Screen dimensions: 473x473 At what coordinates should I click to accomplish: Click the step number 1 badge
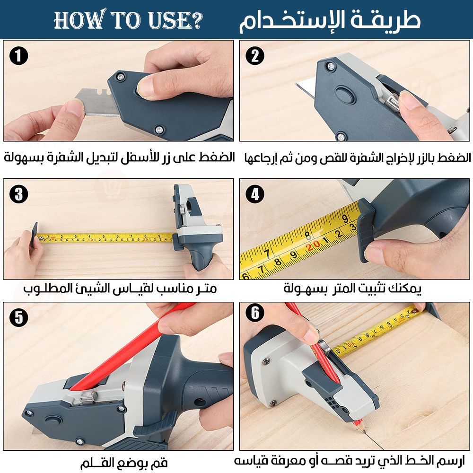[x=19, y=56]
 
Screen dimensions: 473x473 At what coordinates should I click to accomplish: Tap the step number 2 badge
[x=255, y=56]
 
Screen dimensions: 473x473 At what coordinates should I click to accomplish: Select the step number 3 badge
[x=19, y=194]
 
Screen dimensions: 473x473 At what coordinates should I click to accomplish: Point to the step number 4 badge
[x=255, y=194]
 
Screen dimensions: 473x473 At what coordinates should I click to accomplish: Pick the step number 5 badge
[x=19, y=318]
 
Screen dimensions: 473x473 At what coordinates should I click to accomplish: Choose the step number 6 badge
[x=255, y=313]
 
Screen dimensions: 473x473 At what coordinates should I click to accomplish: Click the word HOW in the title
[x=80, y=20]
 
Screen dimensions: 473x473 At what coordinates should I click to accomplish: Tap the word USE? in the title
[x=175, y=20]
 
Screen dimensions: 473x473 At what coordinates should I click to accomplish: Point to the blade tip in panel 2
[x=296, y=84]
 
